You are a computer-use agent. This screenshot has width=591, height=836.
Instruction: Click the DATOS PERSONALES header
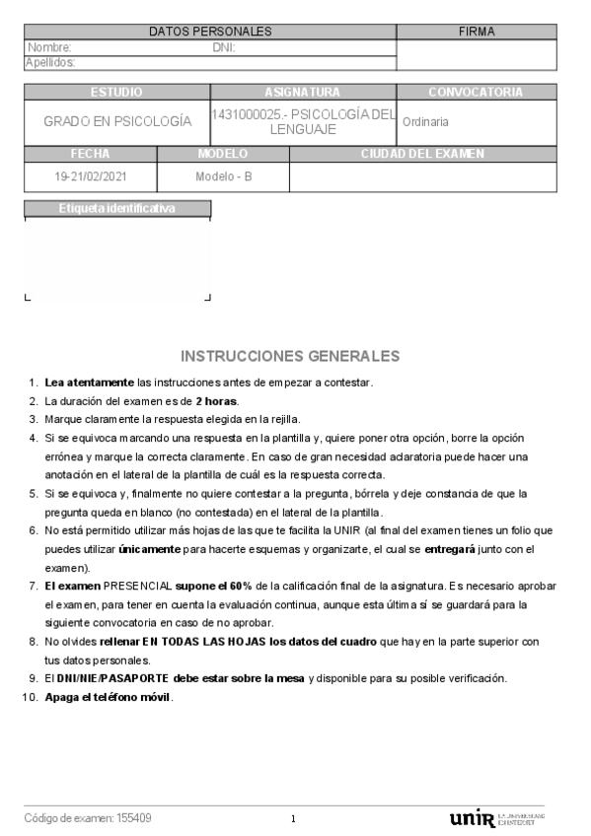pos(210,32)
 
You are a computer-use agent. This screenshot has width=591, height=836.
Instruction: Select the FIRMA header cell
pos(477,32)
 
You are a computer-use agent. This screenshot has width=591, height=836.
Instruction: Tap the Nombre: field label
pos(49,46)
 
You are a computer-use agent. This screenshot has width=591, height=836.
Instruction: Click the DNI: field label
pos(224,46)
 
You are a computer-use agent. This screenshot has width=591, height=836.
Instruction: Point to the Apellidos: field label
pos(50,62)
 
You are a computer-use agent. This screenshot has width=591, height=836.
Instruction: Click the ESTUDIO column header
pos(116,92)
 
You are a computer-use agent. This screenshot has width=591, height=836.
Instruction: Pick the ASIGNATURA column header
pos(302,92)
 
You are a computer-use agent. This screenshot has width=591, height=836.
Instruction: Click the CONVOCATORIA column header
pos(476,92)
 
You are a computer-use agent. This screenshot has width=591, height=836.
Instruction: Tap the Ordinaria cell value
pos(425,122)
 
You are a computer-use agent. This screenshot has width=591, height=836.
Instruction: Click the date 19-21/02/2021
pos(90,177)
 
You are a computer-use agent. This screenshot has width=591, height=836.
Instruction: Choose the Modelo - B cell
pos(223,177)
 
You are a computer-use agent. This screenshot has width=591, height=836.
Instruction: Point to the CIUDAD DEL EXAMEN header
pos(422,154)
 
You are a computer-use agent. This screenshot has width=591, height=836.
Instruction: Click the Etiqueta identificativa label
pos(116,208)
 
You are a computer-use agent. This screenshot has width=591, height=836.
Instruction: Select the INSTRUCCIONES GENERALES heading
pos(290,356)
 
